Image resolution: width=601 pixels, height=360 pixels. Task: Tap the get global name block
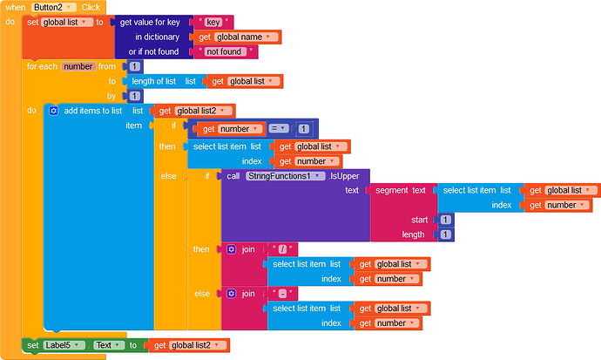coord(237,37)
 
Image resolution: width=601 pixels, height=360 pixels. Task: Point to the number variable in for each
coord(78,66)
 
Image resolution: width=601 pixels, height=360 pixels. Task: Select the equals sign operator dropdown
coord(278,128)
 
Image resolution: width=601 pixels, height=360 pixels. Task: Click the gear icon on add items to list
coord(53,111)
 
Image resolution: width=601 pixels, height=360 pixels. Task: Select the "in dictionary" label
coord(158,37)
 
